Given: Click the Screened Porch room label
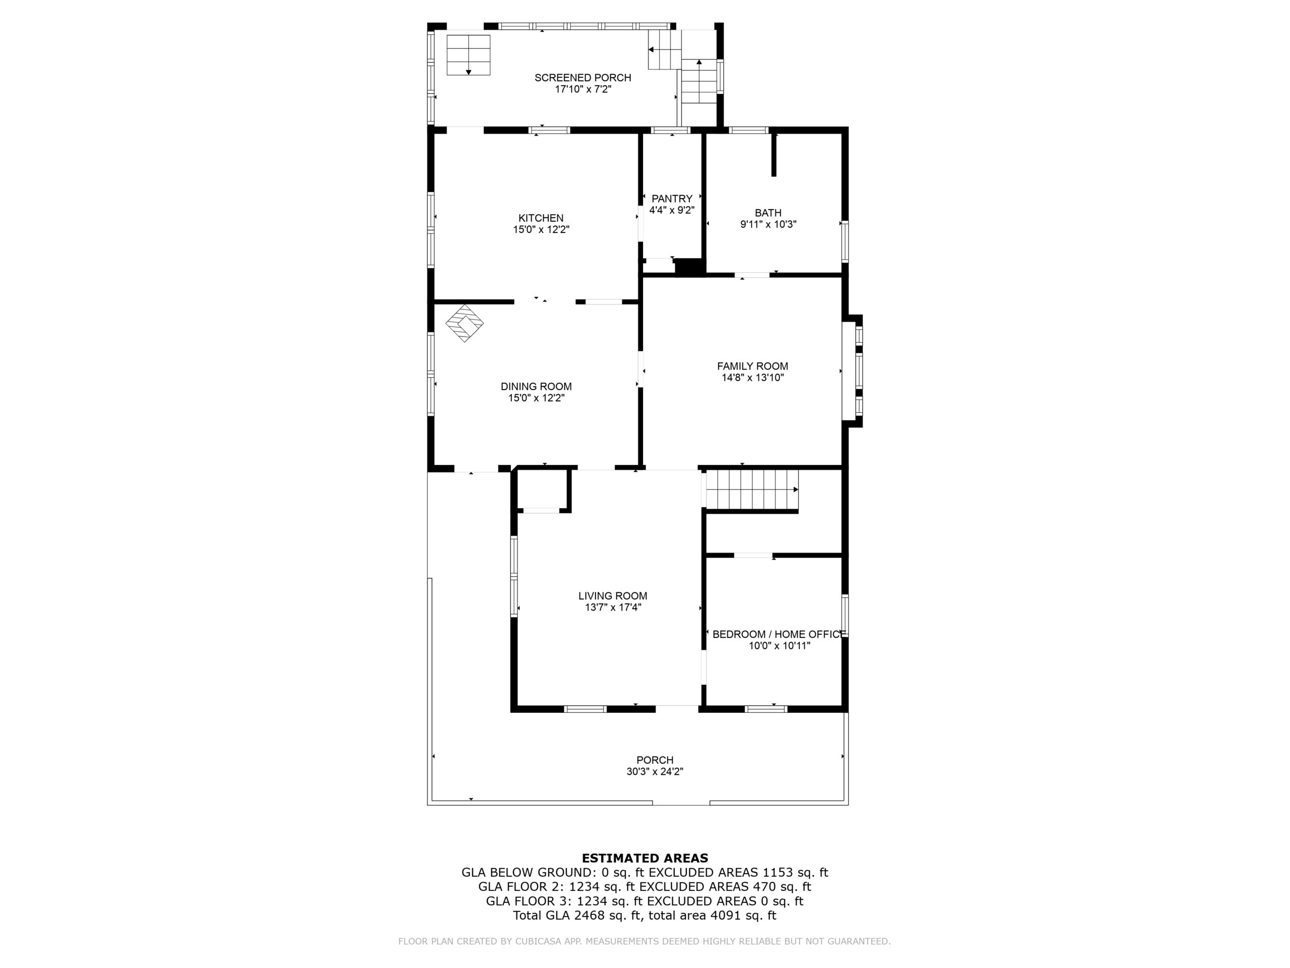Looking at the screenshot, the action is click(583, 78).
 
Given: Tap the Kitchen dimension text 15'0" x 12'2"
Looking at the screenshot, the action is click(541, 230).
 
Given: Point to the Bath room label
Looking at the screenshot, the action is click(768, 213).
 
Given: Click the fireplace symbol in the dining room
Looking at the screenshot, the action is click(465, 323).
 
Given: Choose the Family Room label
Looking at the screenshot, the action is click(752, 367).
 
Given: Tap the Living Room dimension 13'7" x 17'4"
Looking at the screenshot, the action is click(613, 608).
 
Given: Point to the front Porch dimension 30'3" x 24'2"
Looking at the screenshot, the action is click(655, 771).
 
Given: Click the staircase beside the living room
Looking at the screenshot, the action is click(752, 490).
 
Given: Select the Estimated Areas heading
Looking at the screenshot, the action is click(645, 858).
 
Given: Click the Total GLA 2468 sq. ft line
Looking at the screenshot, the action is click(644, 916).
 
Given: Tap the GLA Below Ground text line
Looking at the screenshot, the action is click(644, 872).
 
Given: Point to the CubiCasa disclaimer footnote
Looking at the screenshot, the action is click(644, 941).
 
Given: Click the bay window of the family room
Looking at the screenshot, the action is click(853, 371).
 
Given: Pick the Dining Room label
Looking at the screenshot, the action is click(536, 386).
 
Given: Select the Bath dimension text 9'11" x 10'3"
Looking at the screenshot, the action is click(768, 224).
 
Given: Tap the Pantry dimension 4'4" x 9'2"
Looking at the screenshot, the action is click(672, 210).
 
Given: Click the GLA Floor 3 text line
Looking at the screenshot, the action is click(644, 901).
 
